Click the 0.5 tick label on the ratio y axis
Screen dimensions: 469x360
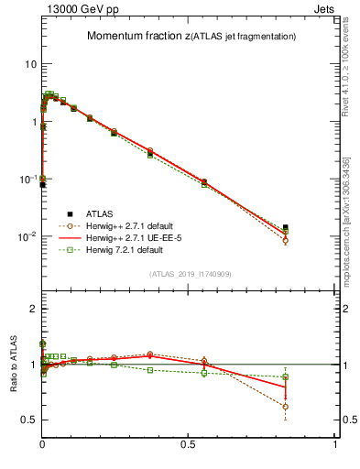click(x=28, y=420)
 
